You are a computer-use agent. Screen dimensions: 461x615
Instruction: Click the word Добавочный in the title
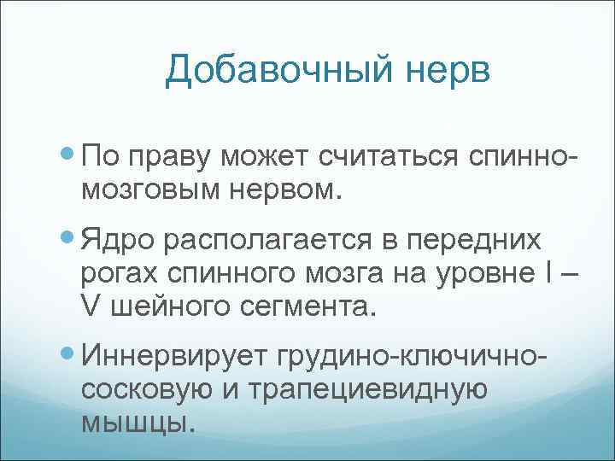coord(272,70)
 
